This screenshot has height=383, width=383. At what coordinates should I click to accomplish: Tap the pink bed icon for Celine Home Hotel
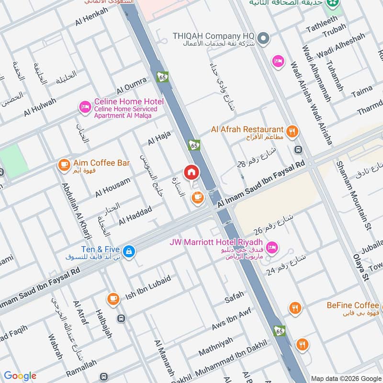pyautogui.click(x=85, y=107)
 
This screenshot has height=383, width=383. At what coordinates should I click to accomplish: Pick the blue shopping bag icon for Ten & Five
pyautogui.click(x=128, y=250)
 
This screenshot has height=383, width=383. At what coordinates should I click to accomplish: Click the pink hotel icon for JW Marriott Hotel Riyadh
pyautogui.click(x=271, y=248)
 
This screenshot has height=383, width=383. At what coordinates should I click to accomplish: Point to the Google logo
pyautogui.click(x=20, y=376)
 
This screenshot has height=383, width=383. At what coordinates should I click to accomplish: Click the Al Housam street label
pyautogui.click(x=113, y=187)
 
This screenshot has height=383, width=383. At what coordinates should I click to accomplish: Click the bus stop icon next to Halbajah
pyautogui.click(x=121, y=318)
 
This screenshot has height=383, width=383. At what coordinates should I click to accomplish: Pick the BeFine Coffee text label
pyautogui.click(x=353, y=305)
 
